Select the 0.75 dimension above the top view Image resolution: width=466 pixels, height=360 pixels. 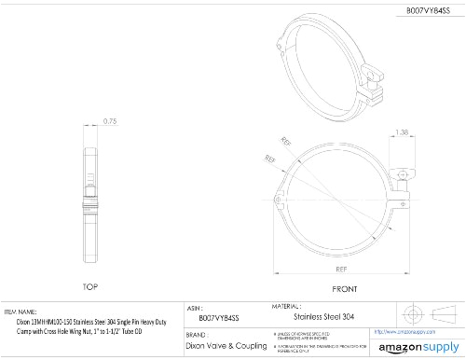click(x=110, y=119)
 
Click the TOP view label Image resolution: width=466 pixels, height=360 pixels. click(x=90, y=287)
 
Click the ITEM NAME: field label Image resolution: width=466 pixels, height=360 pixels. click(x=21, y=312)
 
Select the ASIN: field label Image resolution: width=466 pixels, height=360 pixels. click(x=196, y=307)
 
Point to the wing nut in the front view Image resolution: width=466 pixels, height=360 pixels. click(x=403, y=173)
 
